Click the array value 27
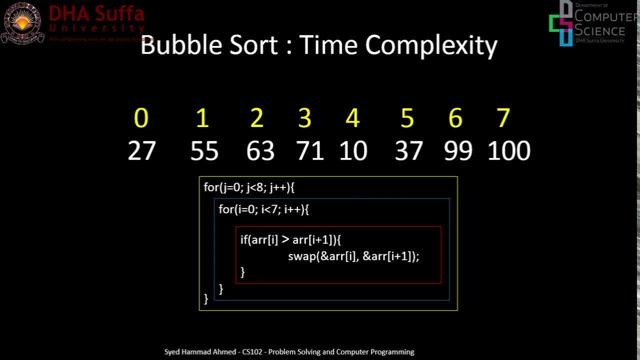142,150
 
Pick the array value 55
204,150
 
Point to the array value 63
260,150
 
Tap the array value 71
310,150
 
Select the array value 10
353,150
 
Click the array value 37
408,150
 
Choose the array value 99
458,150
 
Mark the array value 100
509,150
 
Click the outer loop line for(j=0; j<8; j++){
249,187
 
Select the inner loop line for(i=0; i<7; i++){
263,209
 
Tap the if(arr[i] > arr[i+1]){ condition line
290,240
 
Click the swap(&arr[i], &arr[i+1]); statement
353,256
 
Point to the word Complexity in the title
431,45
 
